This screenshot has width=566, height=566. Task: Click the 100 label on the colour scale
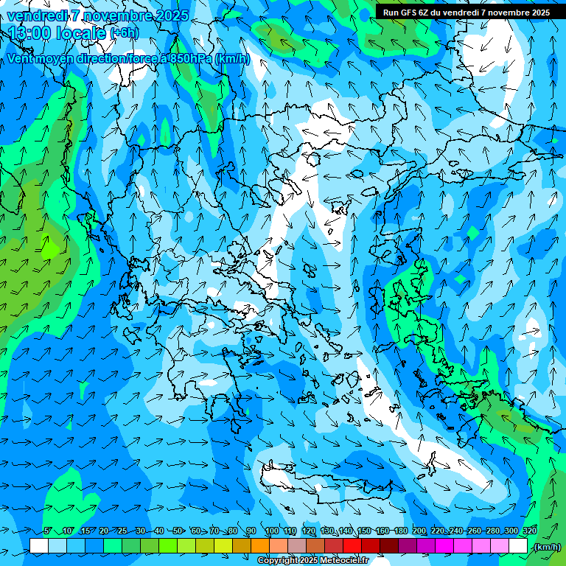pos(272,531)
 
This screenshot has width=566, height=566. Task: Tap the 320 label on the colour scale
pos(530,531)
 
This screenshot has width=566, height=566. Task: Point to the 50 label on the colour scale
pos(178,531)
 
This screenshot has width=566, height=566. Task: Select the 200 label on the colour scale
pos(419,531)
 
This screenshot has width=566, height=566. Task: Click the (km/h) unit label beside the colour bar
pos(546,547)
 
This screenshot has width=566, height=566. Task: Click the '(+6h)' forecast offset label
pos(123,33)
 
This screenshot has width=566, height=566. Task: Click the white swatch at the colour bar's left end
pos(39,546)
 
